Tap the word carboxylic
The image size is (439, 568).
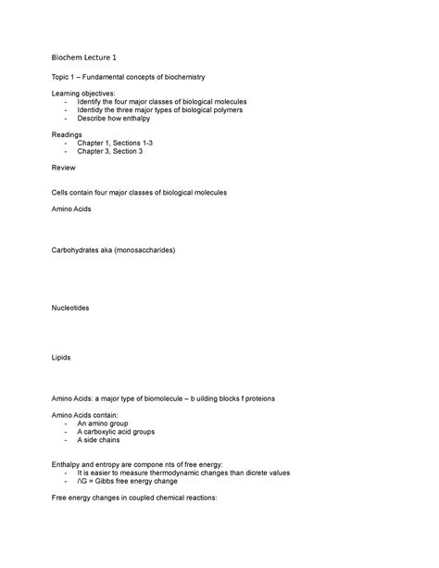coord(117,432)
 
